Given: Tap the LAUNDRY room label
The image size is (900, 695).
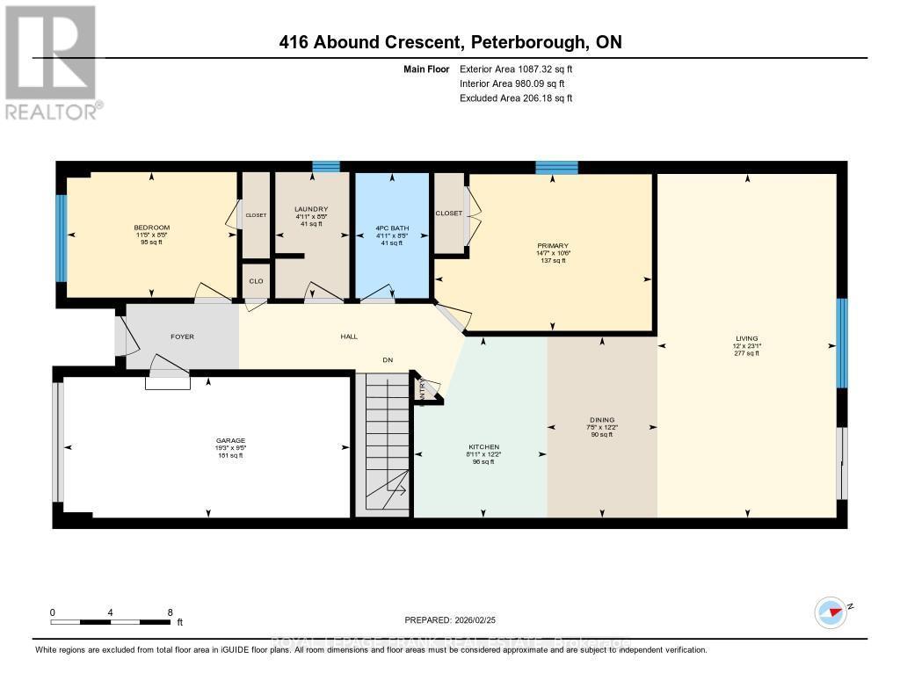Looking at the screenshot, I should [310, 209].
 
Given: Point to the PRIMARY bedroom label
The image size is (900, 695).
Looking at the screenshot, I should [553, 246].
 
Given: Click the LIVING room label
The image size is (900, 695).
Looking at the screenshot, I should [747, 338].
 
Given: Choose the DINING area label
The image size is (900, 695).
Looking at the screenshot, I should [602, 420].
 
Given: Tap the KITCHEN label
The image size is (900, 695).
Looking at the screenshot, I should [482, 447].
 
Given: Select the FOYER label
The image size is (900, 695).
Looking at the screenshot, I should [182, 337].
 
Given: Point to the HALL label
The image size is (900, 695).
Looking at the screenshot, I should [349, 337].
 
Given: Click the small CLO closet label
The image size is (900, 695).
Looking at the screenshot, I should [255, 281].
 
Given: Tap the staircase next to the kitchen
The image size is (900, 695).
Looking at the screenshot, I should [383, 445].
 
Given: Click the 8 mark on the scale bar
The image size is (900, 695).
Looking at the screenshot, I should [170, 612].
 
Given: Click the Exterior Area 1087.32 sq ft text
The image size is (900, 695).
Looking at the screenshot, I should [516, 69].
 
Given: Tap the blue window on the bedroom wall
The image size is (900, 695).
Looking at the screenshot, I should [62, 238].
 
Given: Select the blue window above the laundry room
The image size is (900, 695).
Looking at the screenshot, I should [326, 166].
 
